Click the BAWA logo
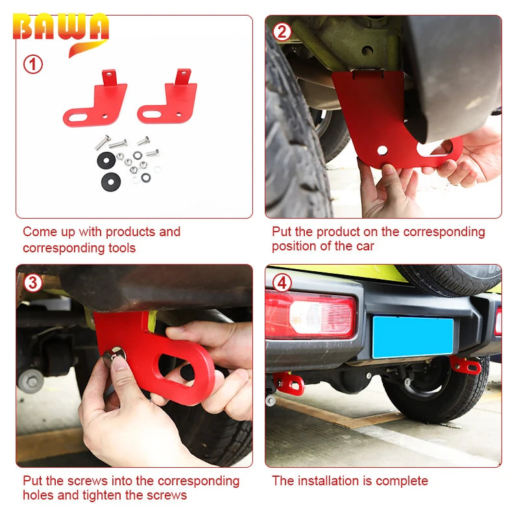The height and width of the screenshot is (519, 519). coord(61,33)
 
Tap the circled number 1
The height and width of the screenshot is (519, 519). coord(33,64)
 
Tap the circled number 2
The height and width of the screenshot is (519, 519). coord(282,32)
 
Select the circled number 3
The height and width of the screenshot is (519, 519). coord(33,283)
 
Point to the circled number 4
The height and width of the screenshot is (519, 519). coord(282,283)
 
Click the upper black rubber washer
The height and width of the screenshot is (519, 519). coord(106,160)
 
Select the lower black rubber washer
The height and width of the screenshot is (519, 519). coord(111,182)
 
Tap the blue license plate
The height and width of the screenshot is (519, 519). coord(413,337)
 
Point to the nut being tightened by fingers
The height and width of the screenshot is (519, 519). coord(114,357)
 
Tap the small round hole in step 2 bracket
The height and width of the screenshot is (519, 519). coord(382,150)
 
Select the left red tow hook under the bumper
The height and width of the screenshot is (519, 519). coord(289,383)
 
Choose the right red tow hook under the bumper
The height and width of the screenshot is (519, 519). coord(465,365)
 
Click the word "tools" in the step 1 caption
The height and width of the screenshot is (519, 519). coord(122,248)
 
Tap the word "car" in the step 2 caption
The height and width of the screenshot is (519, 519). coord(365,247)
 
